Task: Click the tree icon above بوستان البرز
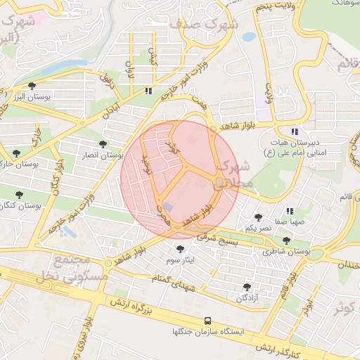(32, 86)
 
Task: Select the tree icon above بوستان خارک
(15, 153)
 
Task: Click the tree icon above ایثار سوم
(181, 250)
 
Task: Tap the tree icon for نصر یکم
(259, 217)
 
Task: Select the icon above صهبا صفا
(289, 211)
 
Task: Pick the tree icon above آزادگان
(247, 288)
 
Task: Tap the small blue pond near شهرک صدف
(248, 37)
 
